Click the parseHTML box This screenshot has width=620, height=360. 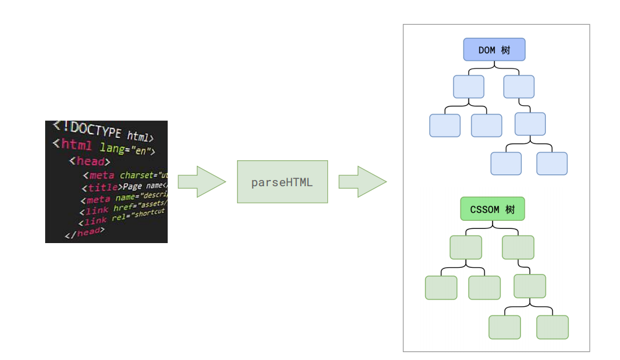[x=282, y=182]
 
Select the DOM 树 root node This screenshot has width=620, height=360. [x=494, y=49]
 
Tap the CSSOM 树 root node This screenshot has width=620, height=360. [x=493, y=209]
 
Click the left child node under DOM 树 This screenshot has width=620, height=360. [x=468, y=87]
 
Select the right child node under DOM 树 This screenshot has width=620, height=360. [x=519, y=87]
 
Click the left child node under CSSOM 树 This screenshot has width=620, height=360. [x=465, y=247]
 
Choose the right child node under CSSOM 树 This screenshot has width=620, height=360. [x=518, y=247]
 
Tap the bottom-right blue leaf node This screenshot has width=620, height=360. [x=552, y=163]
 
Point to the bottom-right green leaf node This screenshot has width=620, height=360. [x=553, y=327]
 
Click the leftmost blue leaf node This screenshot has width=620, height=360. [x=445, y=126]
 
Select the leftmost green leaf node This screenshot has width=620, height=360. [x=441, y=288]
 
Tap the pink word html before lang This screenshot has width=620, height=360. [x=77, y=145]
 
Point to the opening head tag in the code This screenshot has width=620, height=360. [x=89, y=161]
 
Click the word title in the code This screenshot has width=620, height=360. [x=103, y=187]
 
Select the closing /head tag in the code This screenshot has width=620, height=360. [x=85, y=233]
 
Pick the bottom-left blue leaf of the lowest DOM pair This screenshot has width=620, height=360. [x=506, y=163]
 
